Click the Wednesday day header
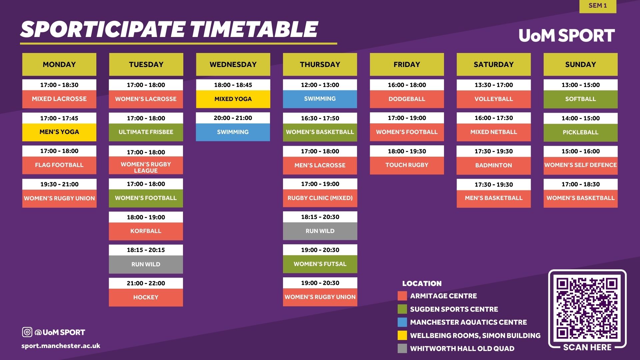point(233,64)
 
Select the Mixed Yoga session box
point(233,99)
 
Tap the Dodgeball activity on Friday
point(407,99)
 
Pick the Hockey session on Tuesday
point(146,297)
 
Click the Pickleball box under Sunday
point(580,132)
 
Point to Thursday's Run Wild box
point(320,231)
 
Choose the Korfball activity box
point(146,231)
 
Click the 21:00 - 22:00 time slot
point(146,283)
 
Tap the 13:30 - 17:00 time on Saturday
point(494,85)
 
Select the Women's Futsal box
point(320,264)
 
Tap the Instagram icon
point(27,332)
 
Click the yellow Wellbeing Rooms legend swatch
point(402,335)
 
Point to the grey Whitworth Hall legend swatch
point(402,348)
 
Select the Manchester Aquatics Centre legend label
point(468,322)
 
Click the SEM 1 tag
point(598,6)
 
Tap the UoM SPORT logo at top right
point(567,35)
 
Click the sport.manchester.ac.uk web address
point(61,346)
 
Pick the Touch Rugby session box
point(407,165)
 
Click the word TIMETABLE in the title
point(254,29)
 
